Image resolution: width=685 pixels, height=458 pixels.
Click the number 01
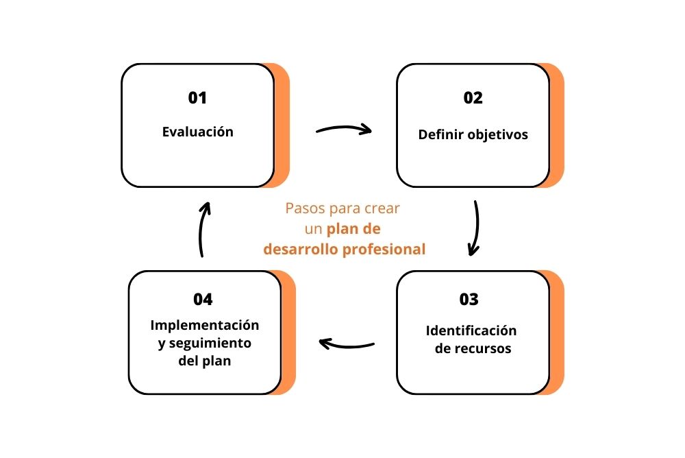point(197,98)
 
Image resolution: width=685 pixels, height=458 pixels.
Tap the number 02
point(473,98)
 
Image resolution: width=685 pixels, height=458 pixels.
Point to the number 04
point(203,300)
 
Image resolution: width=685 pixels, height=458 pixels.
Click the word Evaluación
point(198,132)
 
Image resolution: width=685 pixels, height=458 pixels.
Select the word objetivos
point(497,135)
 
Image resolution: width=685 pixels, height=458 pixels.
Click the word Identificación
point(471,330)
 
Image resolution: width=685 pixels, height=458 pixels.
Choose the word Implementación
point(205,324)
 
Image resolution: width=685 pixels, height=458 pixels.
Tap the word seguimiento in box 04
point(210,343)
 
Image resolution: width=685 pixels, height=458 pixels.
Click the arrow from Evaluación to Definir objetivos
point(343,129)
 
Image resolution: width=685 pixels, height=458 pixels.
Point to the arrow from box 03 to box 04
point(347,343)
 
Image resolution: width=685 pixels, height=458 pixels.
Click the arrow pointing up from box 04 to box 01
point(203,230)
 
